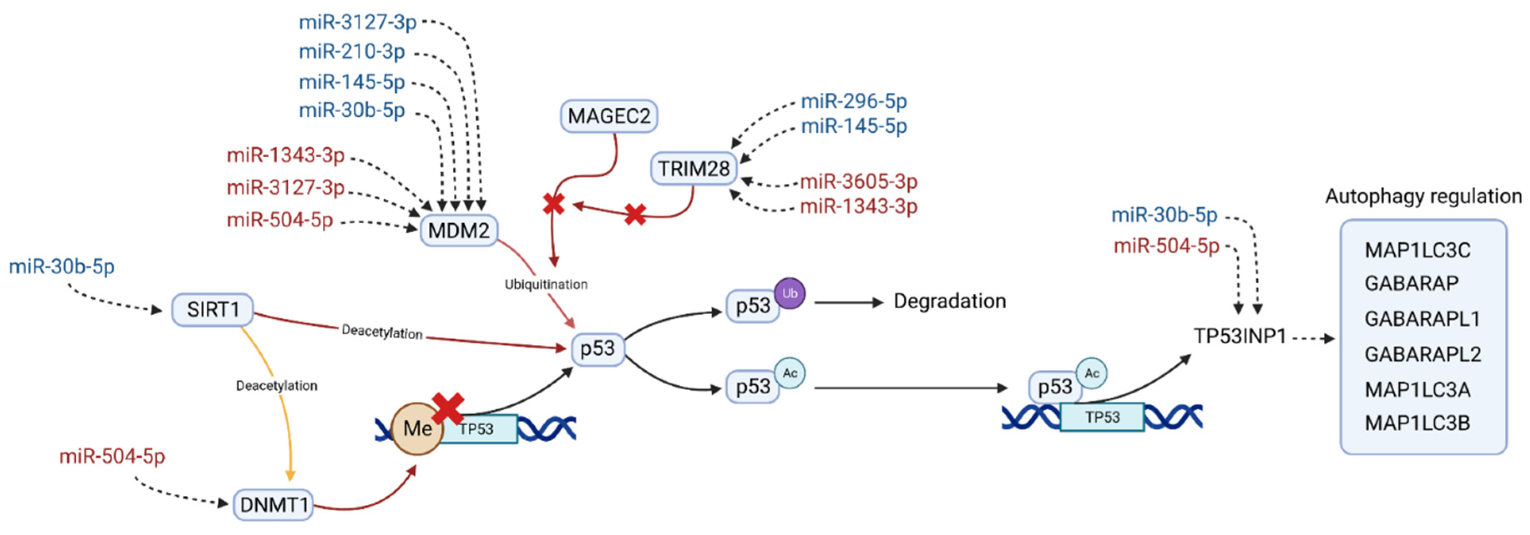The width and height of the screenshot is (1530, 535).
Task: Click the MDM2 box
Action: (458, 230)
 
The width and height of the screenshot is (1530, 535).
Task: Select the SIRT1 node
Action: (212, 309)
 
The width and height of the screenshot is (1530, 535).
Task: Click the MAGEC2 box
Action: (609, 116)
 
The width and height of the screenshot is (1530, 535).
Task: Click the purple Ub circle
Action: (789, 293)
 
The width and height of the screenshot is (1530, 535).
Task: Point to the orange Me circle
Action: (417, 429)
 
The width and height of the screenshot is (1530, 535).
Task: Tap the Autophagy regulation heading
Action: (1423, 197)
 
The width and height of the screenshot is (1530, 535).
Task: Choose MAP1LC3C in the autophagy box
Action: (1417, 250)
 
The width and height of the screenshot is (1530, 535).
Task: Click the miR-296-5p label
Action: (853, 101)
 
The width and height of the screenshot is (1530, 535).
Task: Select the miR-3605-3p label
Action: (858, 181)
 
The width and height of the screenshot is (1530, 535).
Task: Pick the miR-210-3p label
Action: (352, 52)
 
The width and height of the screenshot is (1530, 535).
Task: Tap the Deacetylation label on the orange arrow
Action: (276, 386)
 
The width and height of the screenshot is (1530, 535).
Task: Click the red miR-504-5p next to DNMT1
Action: (111, 457)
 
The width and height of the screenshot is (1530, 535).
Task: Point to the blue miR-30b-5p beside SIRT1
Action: (61, 267)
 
